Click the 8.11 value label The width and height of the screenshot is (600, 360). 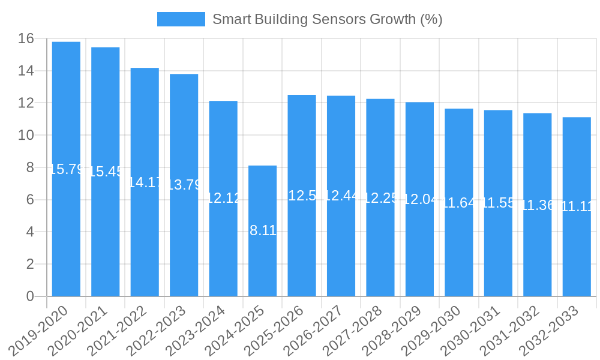pyautogui.click(x=263, y=230)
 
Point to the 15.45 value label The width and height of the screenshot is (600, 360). pyautogui.click(x=106, y=172)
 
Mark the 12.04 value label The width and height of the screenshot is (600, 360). pyautogui.click(x=420, y=199)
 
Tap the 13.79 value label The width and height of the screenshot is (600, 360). pyautogui.click(x=184, y=185)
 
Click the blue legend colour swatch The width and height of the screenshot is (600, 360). pyautogui.click(x=181, y=19)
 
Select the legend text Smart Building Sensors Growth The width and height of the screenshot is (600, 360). pyautogui.click(x=327, y=19)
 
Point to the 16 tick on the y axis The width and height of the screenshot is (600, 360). pyautogui.click(x=26, y=39)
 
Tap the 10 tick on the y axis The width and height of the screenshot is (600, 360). pyautogui.click(x=26, y=136)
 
